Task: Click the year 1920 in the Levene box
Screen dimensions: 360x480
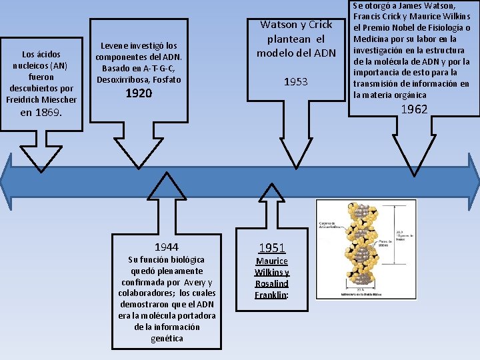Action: (x=139, y=94)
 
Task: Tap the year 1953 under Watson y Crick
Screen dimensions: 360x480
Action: (x=295, y=82)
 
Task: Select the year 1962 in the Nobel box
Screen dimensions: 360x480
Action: (x=414, y=109)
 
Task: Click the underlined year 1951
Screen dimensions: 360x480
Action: (x=272, y=248)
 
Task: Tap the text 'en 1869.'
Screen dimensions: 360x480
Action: (x=41, y=113)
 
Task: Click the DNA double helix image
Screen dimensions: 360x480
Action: (x=366, y=249)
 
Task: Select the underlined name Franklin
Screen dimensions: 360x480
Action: (x=271, y=295)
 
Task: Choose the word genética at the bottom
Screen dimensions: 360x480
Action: (x=167, y=338)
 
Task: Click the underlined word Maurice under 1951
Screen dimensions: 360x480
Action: (x=272, y=261)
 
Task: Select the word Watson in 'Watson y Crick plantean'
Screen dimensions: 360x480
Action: (x=278, y=25)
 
